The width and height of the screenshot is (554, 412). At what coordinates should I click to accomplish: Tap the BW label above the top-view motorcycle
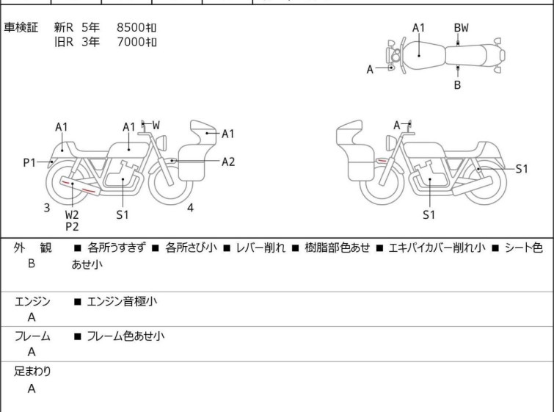pos(461,28)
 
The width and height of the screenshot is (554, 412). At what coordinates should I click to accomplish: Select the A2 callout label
pos(228,162)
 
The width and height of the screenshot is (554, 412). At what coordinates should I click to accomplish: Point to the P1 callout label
pos(29,163)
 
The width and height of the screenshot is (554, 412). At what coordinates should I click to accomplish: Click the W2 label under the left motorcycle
pos(72,214)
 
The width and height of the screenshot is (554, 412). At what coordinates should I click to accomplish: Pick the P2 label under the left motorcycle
pos(72,227)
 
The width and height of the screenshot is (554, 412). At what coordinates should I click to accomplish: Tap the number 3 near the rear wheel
pos(47,208)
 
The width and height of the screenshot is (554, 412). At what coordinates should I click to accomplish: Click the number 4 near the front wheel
pos(190,208)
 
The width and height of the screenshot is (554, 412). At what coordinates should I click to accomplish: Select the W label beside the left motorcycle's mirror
pos(156,125)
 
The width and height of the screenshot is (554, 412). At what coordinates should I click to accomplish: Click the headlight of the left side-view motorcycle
pos(161,143)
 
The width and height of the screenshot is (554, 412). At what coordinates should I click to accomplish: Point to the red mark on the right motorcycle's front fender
pos(382,161)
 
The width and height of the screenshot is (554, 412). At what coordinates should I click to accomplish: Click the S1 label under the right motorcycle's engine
pos(429,214)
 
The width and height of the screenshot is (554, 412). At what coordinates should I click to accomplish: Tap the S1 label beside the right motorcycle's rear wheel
pos(522,169)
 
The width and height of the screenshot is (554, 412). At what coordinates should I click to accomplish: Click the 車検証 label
pos(21,27)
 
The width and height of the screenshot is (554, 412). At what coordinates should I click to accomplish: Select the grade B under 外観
pos(32,264)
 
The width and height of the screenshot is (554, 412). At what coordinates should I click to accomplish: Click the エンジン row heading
pos(32,301)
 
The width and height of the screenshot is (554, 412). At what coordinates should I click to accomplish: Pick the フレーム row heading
pos(32,336)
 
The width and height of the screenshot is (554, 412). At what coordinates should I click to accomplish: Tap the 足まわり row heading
pos(32,372)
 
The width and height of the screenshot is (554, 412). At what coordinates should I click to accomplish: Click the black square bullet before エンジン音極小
pos(77,302)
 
